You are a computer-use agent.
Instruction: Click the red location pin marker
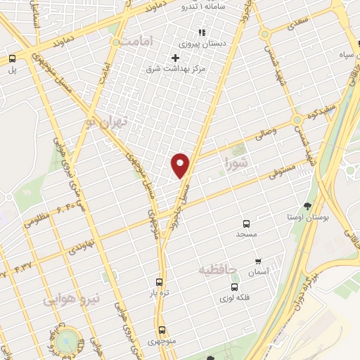pyautogui.click(x=181, y=165)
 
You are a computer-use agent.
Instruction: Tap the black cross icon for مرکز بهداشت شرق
pyautogui.click(x=175, y=57)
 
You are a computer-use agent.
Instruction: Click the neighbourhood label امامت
pyautogui.click(x=136, y=42)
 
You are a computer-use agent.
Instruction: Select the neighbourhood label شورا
pyautogui.click(x=237, y=164)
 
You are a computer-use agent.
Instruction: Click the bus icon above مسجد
pyautogui.click(x=246, y=223)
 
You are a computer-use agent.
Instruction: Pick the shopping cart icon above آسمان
pyautogui.click(x=257, y=262)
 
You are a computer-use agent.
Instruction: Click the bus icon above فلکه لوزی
pyautogui.click(x=235, y=287)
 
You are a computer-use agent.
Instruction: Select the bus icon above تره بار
pyautogui.click(x=160, y=281)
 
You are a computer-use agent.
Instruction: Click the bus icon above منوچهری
pyautogui.click(x=162, y=329)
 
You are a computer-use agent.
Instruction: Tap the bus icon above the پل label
pyautogui.click(x=12, y=59)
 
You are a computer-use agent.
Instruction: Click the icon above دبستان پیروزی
pyautogui.click(x=201, y=32)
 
